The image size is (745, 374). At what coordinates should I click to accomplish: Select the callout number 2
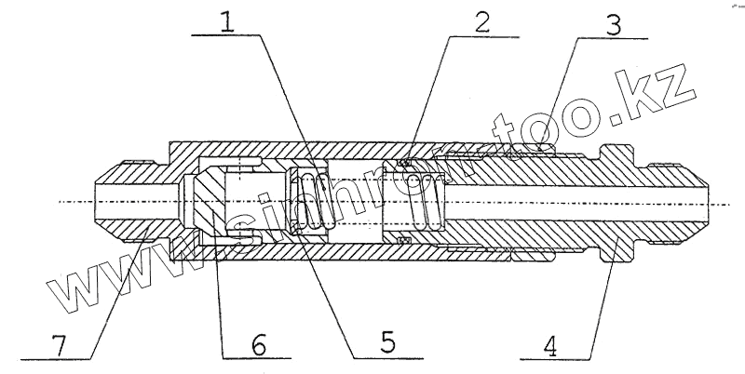pyautogui.click(x=480, y=23)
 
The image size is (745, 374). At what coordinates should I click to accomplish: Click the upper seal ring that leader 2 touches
pyautogui.click(x=405, y=165)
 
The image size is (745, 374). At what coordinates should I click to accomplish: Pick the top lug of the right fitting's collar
pyautogui.click(x=616, y=150)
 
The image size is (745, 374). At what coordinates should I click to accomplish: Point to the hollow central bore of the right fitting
pyautogui.click(x=577, y=202)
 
